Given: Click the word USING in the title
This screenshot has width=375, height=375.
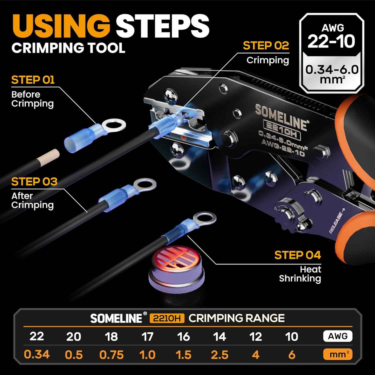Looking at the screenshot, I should (61, 26).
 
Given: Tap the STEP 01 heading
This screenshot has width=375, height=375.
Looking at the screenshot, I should (33, 80).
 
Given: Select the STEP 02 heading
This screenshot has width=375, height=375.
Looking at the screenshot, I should (266, 46).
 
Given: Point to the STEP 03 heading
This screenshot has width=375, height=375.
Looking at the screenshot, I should (34, 182).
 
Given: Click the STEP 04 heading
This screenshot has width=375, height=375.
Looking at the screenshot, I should (297, 255).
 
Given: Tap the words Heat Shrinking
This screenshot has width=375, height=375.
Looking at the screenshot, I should (300, 274).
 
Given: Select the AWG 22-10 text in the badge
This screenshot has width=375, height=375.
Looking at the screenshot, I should (331, 36).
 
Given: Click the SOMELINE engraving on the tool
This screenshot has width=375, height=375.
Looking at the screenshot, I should (281, 117).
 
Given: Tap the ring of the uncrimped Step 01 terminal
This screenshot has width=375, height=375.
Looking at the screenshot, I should (114, 124).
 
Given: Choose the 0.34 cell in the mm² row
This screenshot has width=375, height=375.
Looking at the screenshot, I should (37, 354).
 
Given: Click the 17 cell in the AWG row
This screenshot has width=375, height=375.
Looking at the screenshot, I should (147, 336).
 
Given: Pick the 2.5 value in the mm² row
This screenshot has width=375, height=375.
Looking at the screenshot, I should (219, 354).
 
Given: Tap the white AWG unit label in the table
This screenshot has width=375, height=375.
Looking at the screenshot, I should (337, 336).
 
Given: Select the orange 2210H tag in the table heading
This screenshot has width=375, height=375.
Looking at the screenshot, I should (167, 318).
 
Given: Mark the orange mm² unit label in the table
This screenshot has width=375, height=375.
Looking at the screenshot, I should (337, 354).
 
